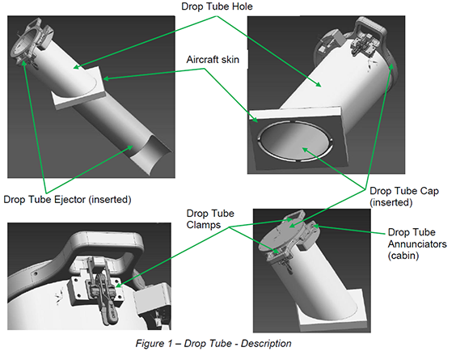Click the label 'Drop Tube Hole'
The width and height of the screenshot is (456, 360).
(217, 6)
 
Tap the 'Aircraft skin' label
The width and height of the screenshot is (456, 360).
(213, 60)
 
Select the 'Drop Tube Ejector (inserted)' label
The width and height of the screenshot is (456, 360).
(67, 200)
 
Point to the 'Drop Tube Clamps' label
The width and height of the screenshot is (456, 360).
(210, 219)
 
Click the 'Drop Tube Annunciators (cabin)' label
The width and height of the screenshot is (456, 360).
(417, 244)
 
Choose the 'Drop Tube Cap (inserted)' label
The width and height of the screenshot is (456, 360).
(404, 197)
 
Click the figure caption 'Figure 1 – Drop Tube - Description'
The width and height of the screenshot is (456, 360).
(213, 343)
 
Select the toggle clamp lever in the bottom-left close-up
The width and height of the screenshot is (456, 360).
(108, 308)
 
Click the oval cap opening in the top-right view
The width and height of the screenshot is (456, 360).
(295, 140)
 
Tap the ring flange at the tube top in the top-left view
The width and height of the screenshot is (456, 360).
(28, 40)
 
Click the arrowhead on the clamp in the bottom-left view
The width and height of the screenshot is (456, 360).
(119, 286)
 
